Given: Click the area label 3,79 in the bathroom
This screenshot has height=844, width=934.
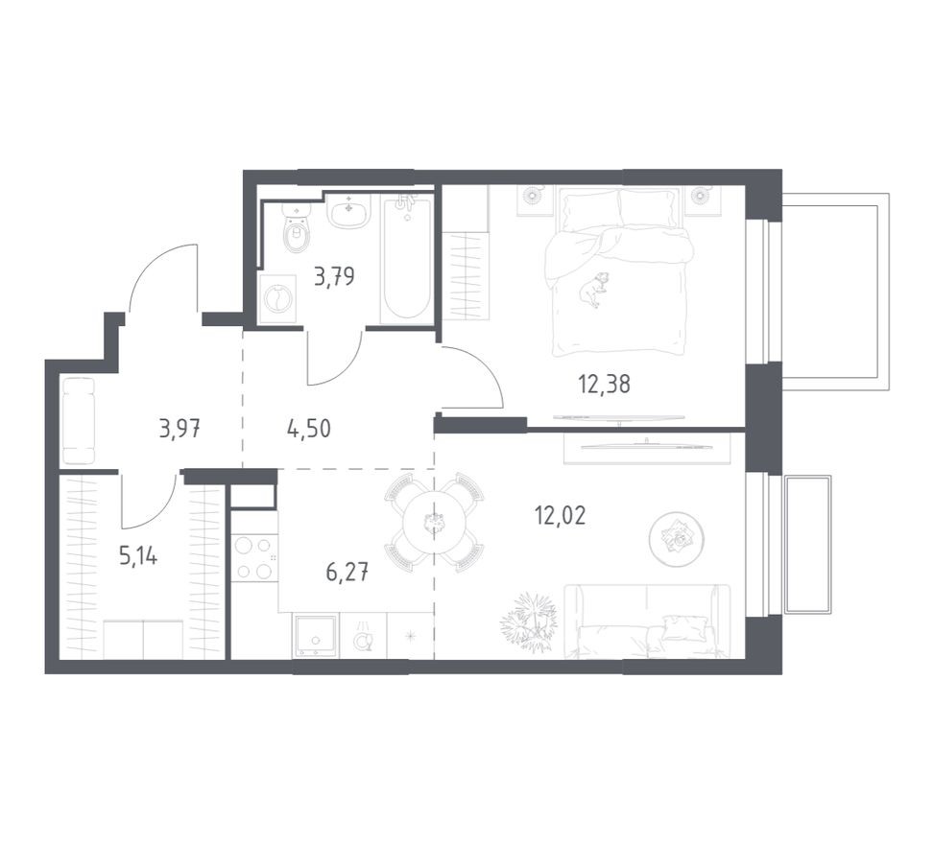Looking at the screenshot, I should [x=333, y=279].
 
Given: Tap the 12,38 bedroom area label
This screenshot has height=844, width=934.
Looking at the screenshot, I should [x=604, y=385].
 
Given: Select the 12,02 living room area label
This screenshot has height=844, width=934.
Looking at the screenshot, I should [x=560, y=516].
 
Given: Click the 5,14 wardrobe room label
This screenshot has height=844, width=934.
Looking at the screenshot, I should [x=138, y=557].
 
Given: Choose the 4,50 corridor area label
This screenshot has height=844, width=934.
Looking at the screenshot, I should [x=309, y=428].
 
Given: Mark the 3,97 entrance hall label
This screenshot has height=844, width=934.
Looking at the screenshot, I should [x=180, y=428].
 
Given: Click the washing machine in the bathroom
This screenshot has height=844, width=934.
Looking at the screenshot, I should [x=277, y=299].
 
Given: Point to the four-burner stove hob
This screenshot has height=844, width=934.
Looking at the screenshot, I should [x=253, y=558].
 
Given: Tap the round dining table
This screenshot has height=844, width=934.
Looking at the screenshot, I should [x=434, y=523].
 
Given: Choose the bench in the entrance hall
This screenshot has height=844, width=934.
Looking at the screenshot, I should [x=79, y=421].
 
